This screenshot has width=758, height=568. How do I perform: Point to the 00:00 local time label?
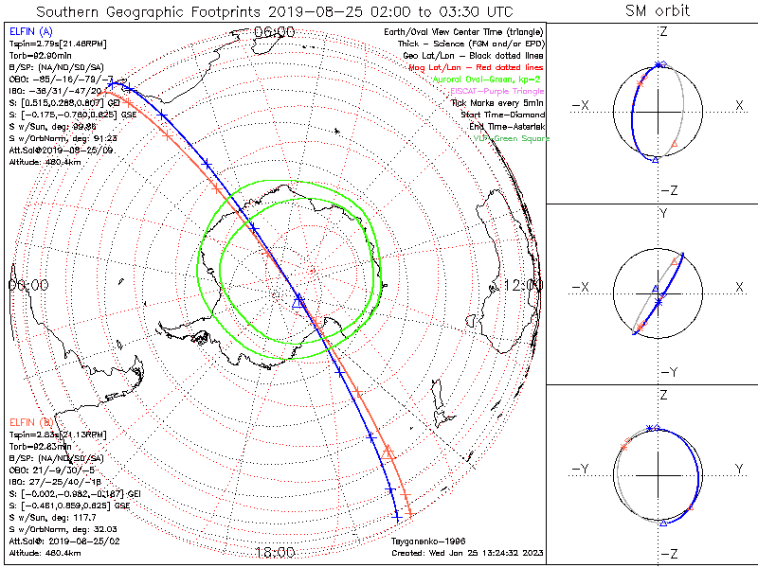pos(28,284)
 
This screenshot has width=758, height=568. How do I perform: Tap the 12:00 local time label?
pos(523,284)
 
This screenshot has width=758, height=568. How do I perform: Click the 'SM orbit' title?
pos(658,11)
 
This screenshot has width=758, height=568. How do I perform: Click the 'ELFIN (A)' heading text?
pos(30,32)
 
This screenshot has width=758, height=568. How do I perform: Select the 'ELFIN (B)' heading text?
pos(30,421)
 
